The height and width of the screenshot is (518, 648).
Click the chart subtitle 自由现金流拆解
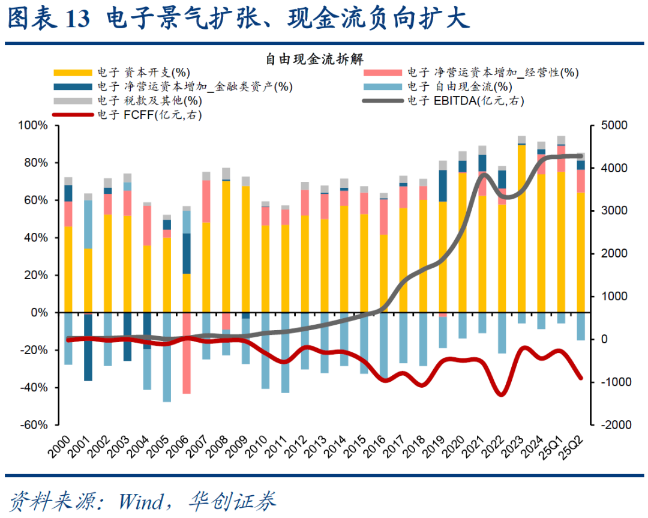[316, 59]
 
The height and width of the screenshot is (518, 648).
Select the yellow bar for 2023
[521, 228]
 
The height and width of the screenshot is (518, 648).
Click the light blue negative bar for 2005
[167, 357]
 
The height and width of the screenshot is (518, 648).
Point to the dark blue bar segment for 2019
[443, 185]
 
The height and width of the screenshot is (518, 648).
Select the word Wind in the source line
[142, 501]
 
